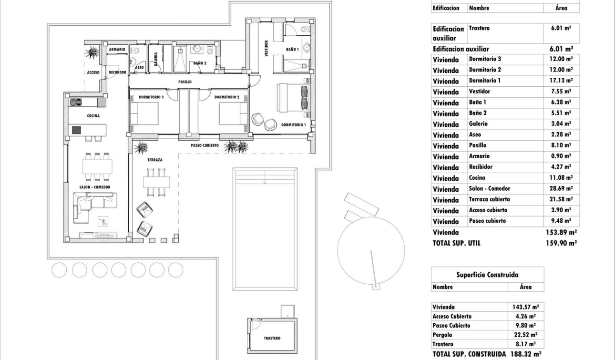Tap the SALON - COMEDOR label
click(95, 187)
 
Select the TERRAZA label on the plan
click(155, 160)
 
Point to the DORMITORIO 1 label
click(293, 125)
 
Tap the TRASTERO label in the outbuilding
click(272, 338)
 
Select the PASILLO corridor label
click(185, 82)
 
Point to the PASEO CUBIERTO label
click(205, 145)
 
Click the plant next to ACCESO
click(91, 52)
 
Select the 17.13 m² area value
click(561, 81)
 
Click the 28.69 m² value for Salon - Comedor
click(561, 189)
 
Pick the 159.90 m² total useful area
click(561, 243)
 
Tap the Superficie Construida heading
click(487, 275)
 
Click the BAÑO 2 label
click(200, 63)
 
